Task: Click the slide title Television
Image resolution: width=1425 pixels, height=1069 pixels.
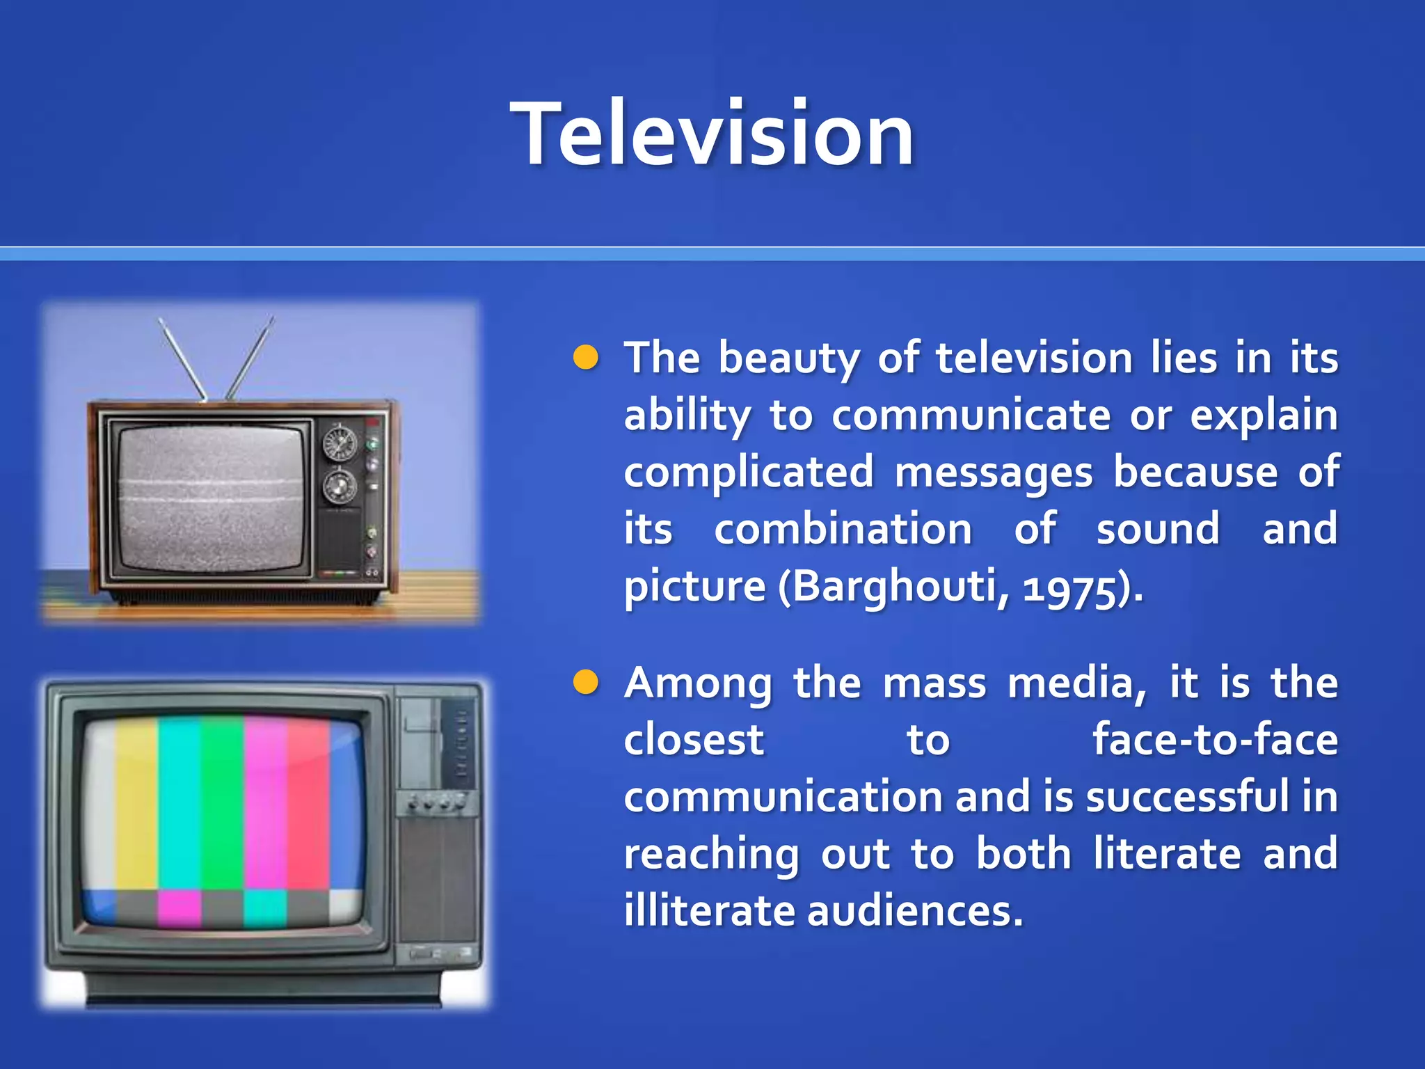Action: point(712,134)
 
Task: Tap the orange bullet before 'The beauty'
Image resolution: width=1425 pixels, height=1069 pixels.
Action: point(586,357)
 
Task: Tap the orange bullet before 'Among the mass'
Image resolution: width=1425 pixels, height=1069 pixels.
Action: point(586,683)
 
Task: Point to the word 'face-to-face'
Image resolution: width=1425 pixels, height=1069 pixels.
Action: point(1215,739)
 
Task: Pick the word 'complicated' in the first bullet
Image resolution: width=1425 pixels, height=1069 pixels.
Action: point(749,472)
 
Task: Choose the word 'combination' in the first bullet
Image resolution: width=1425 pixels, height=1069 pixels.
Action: point(843,529)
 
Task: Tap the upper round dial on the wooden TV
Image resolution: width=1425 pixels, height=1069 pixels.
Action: point(340,443)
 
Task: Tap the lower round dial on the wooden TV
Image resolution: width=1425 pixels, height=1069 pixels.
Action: point(340,485)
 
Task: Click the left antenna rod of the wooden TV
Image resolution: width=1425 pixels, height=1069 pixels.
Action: point(182,358)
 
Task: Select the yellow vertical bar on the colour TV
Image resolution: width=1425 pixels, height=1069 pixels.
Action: point(137,804)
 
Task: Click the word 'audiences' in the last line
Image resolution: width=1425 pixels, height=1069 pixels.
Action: point(915,910)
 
